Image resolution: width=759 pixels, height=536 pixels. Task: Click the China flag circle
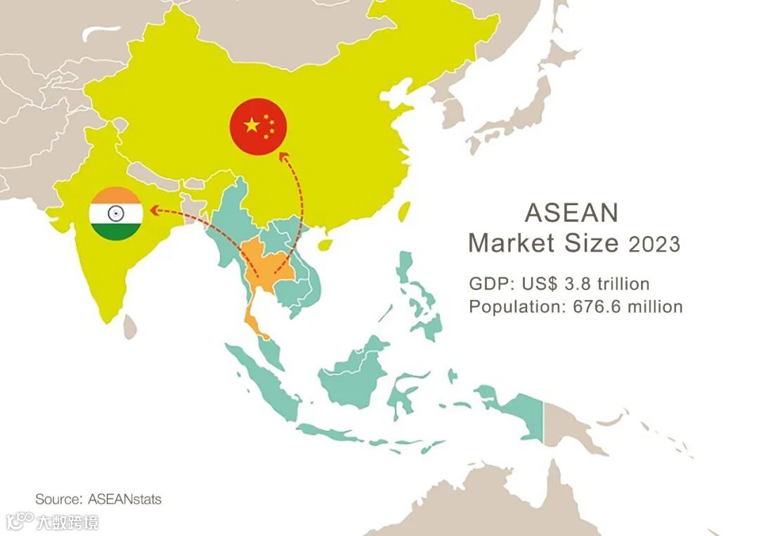pyautogui.click(x=259, y=127)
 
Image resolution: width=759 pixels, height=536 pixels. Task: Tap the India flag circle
pyautogui.click(x=116, y=214)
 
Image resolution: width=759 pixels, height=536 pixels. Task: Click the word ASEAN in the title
pyautogui.click(x=571, y=212)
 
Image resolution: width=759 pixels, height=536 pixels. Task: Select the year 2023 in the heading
pyautogui.click(x=654, y=244)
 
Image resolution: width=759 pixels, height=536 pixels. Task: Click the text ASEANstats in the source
pyautogui.click(x=124, y=499)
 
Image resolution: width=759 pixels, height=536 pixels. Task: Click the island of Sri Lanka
pyautogui.click(x=129, y=325)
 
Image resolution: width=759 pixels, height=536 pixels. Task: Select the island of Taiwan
pyautogui.click(x=403, y=210)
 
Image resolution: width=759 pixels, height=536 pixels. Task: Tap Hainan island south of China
pyautogui.click(x=325, y=244)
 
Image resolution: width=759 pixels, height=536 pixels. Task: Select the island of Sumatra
pyautogui.click(x=261, y=380)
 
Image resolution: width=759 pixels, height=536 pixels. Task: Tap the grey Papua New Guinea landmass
pyautogui.click(x=573, y=425)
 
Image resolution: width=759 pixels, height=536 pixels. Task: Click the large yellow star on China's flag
pyautogui.click(x=252, y=125)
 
